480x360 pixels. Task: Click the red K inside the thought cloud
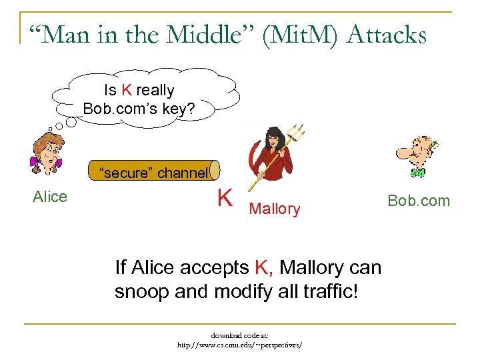[x=127, y=91]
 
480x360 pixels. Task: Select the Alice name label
[x=50, y=197]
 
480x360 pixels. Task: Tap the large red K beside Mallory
[x=225, y=198]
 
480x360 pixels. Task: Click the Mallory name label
[x=274, y=209]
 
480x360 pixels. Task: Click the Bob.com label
[x=419, y=201]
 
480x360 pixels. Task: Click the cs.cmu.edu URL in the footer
[x=239, y=345]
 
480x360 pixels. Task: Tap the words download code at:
[x=239, y=335]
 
